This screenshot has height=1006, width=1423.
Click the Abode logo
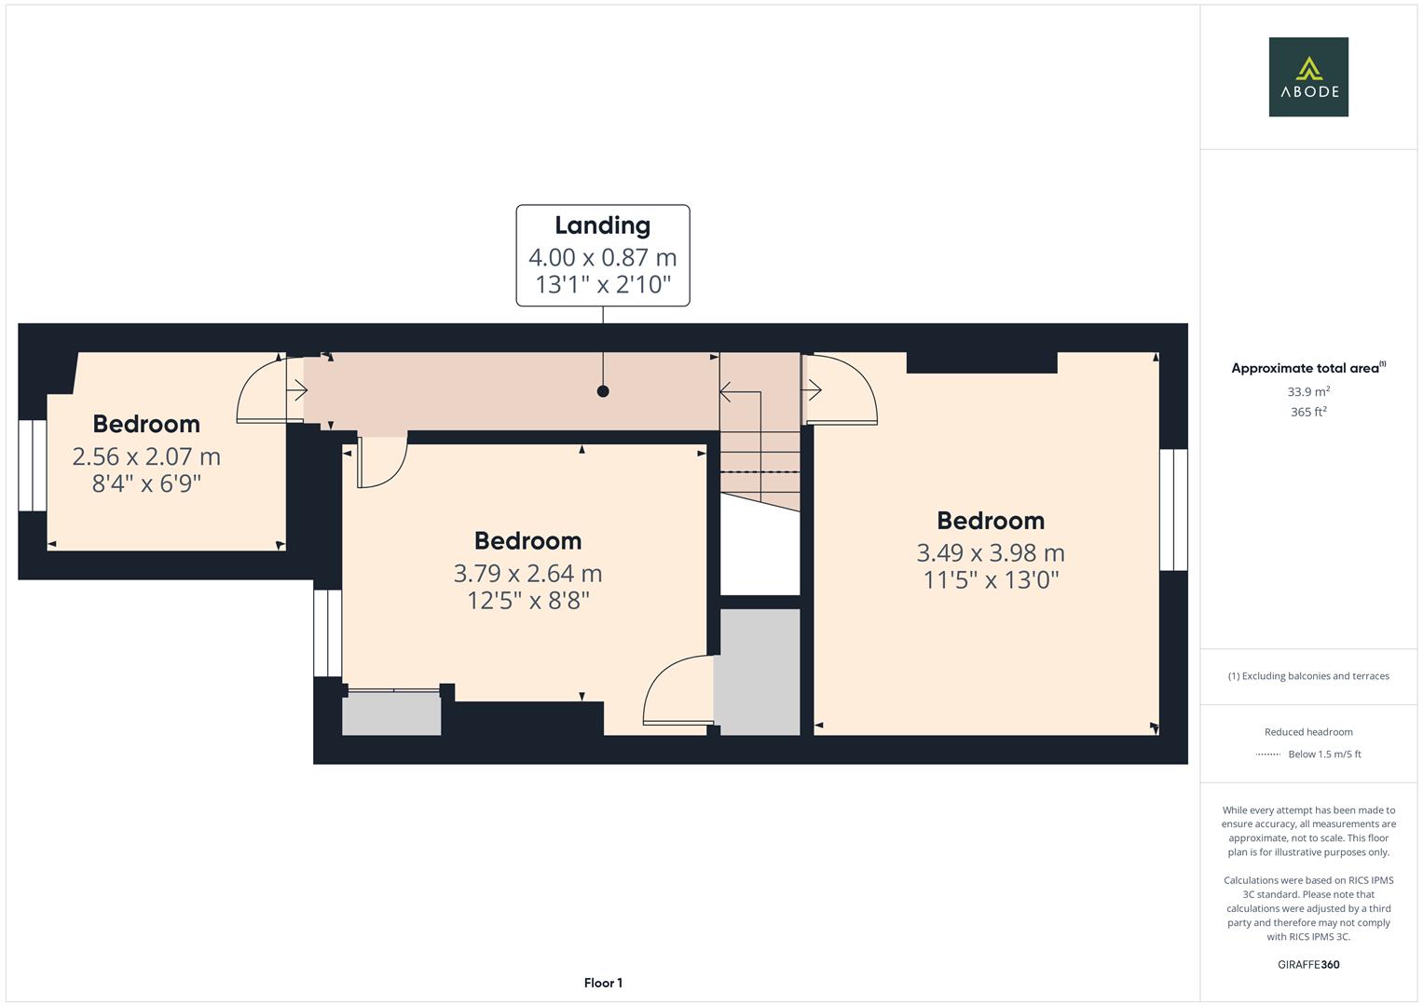tap(1307, 77)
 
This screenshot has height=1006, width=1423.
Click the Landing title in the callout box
tap(602, 225)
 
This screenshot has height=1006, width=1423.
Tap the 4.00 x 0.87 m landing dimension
tap(602, 257)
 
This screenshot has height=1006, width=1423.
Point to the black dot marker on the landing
tap(603, 391)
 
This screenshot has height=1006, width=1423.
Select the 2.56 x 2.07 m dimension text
tap(146, 456)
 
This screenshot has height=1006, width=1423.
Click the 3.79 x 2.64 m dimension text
tap(527, 573)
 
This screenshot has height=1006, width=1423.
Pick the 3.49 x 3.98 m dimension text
tap(990, 552)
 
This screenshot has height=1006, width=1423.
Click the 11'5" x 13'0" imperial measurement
tap(991, 580)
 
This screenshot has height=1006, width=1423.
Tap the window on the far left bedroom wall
tap(33, 465)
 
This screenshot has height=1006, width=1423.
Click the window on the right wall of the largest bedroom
tap(1172, 510)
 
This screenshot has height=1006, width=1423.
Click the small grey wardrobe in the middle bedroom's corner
tap(391, 714)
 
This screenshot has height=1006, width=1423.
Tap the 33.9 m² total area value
tap(1307, 392)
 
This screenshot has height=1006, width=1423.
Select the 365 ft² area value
tap(1307, 412)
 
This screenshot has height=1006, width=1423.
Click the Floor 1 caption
tap(603, 983)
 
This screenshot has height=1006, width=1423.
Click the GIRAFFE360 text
tap(1307, 964)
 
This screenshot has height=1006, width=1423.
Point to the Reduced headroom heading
tap(1307, 732)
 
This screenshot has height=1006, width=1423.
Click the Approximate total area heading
tap(1307, 368)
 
